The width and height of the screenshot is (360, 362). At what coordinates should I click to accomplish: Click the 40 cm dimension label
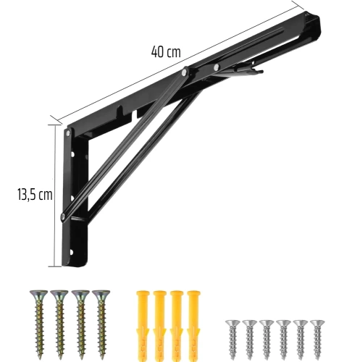(166, 51)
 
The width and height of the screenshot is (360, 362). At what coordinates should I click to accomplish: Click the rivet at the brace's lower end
(65, 216)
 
